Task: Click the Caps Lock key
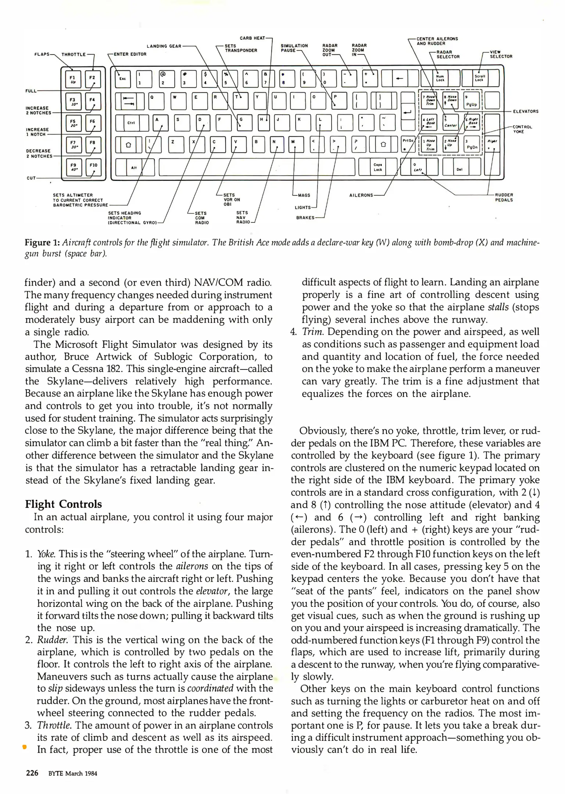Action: (x=378, y=167)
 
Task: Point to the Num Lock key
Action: (x=440, y=78)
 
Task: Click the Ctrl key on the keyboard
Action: (x=131, y=123)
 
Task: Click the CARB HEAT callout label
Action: (x=252, y=38)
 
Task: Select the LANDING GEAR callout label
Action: (x=164, y=46)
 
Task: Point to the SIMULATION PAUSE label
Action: (x=294, y=48)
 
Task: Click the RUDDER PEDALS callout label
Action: (x=504, y=197)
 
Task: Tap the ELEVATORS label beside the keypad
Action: (x=526, y=111)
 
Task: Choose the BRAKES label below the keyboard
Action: (x=305, y=218)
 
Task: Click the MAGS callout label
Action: (x=304, y=195)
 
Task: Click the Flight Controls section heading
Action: (x=63, y=504)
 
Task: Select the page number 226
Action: (x=32, y=773)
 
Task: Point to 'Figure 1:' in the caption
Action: (x=42, y=243)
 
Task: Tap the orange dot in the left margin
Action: (x=24, y=747)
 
